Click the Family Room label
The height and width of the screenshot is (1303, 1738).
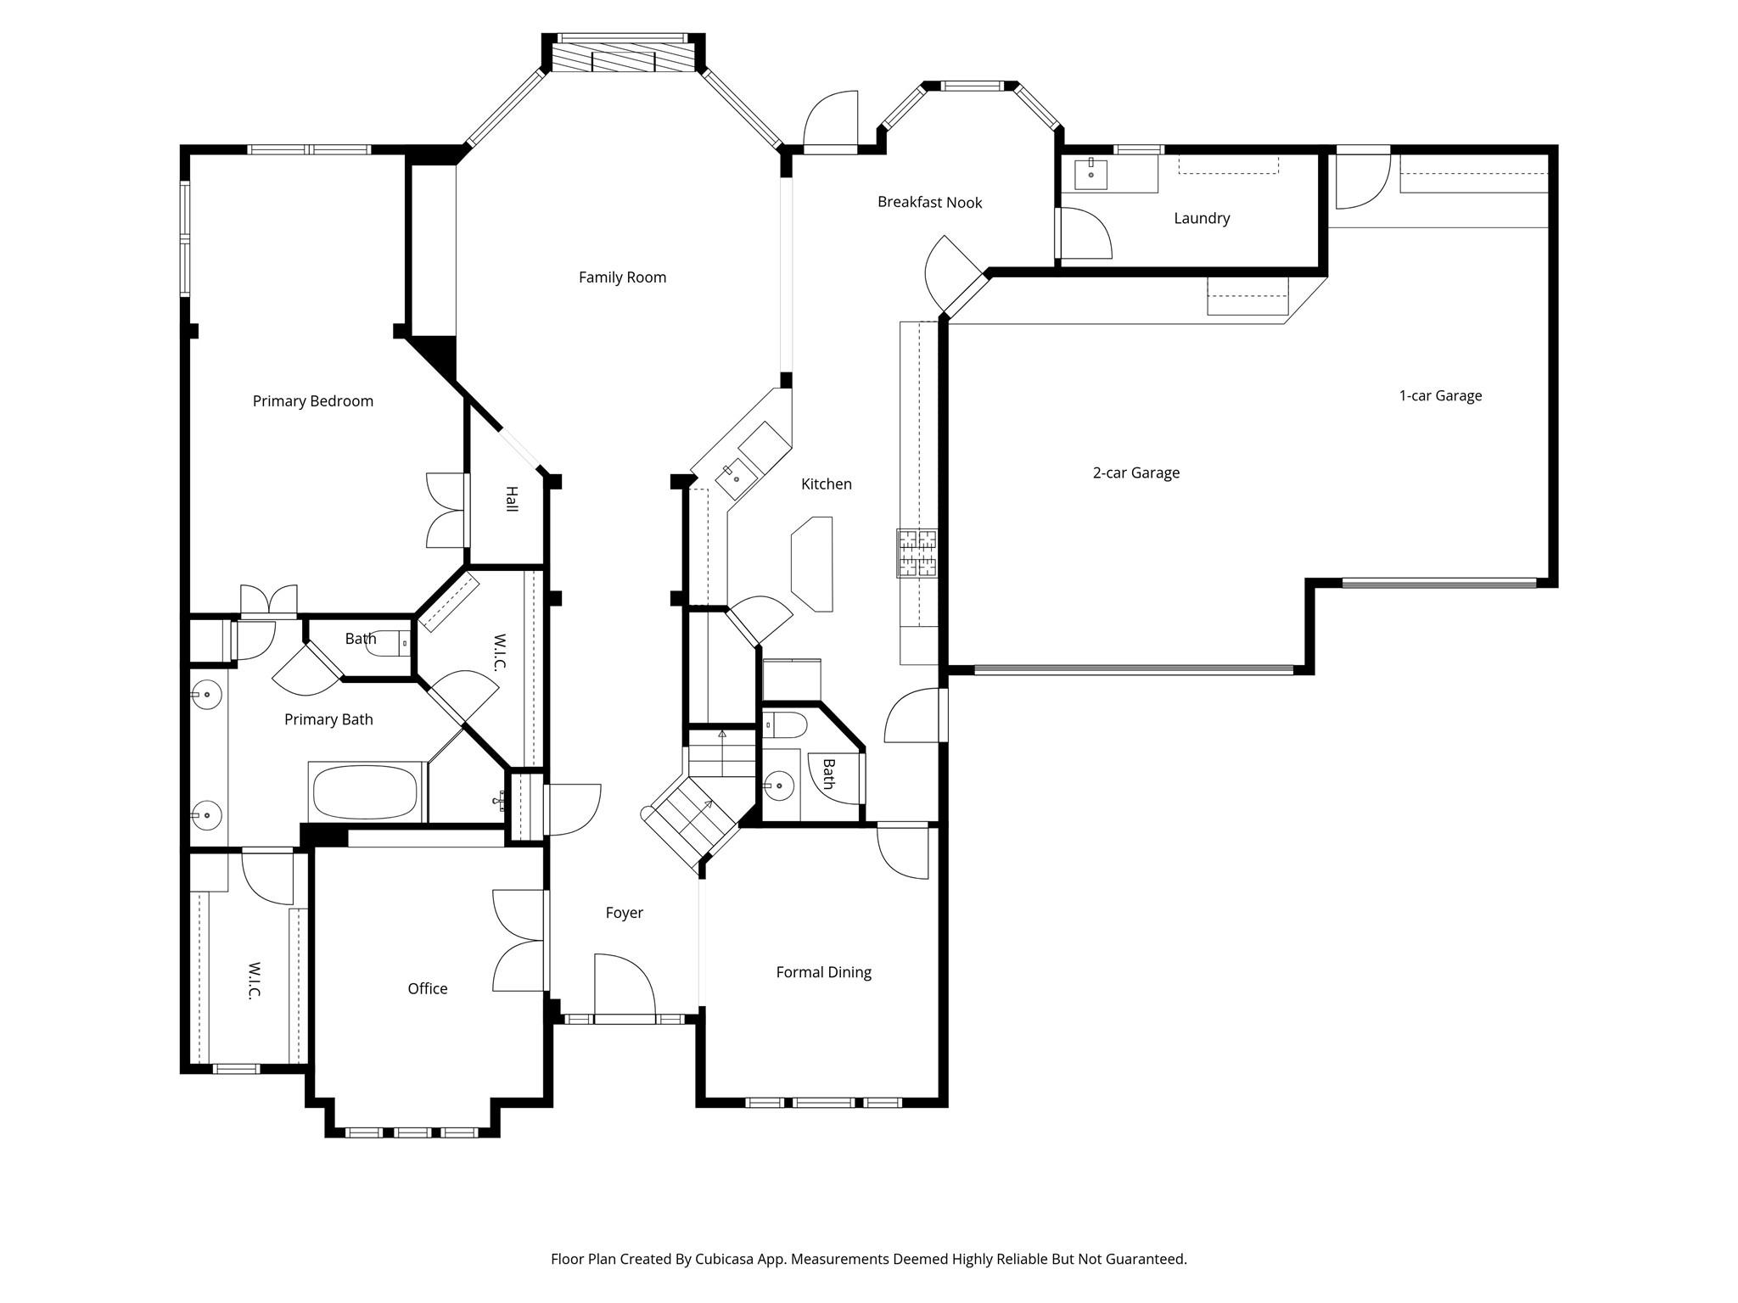(x=622, y=277)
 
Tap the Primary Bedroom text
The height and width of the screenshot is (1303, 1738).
(x=312, y=401)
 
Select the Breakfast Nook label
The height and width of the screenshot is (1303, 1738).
(x=929, y=202)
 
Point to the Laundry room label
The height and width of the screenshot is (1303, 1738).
(x=1201, y=218)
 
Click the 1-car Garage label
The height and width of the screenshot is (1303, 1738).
(x=1439, y=395)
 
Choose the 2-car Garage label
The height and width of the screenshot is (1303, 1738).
(x=1135, y=473)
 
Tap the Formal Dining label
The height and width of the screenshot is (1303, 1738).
(x=823, y=972)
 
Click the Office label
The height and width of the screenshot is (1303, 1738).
(x=427, y=988)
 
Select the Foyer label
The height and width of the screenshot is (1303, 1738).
(x=624, y=913)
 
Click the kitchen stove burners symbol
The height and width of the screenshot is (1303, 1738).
(x=917, y=553)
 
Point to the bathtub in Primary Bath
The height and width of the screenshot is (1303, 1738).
(x=366, y=792)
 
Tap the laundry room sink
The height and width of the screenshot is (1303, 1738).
(x=1090, y=174)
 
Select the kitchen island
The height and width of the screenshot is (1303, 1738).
(x=812, y=563)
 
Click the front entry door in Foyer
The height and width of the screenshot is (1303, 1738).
(x=624, y=988)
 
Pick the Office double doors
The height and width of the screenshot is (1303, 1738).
(x=519, y=940)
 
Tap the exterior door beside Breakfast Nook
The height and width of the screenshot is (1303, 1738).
(x=831, y=123)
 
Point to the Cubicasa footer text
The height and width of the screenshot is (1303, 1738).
(x=868, y=1259)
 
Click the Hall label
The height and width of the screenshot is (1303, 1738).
(x=511, y=498)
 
